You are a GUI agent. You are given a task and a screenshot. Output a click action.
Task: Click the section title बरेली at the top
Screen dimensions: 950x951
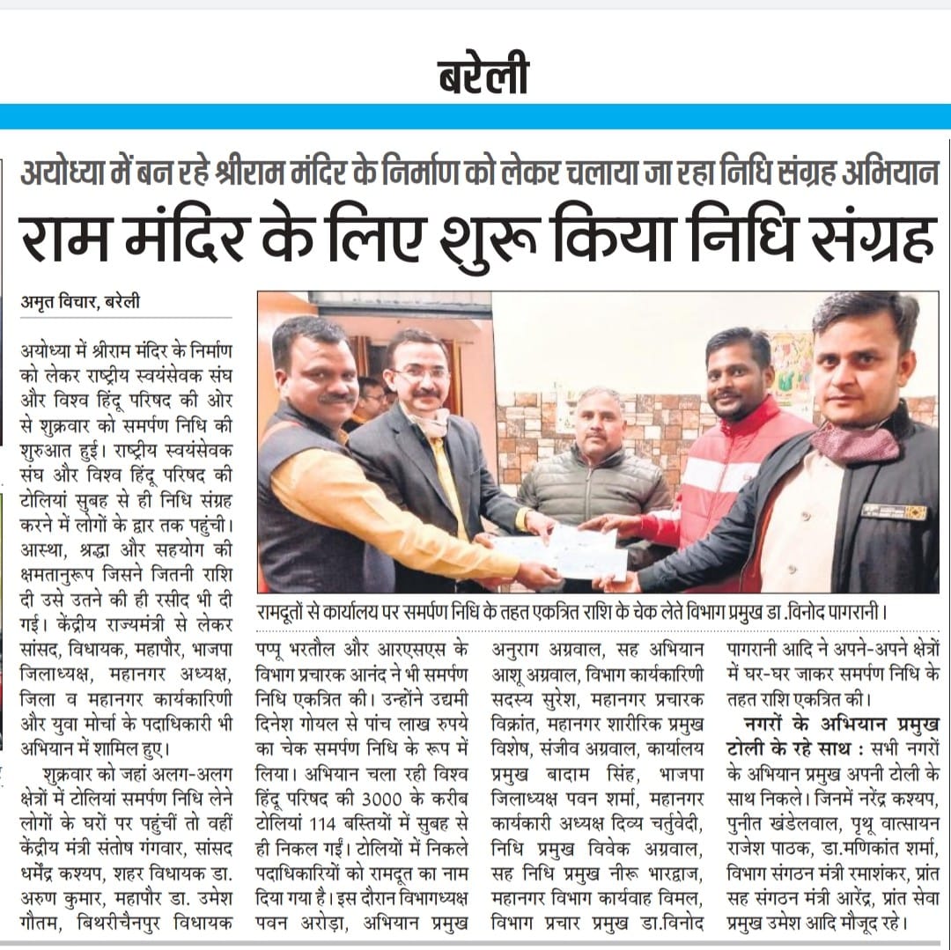tap(483, 77)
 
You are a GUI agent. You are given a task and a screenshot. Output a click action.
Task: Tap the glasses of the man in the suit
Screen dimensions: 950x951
tap(420, 374)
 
